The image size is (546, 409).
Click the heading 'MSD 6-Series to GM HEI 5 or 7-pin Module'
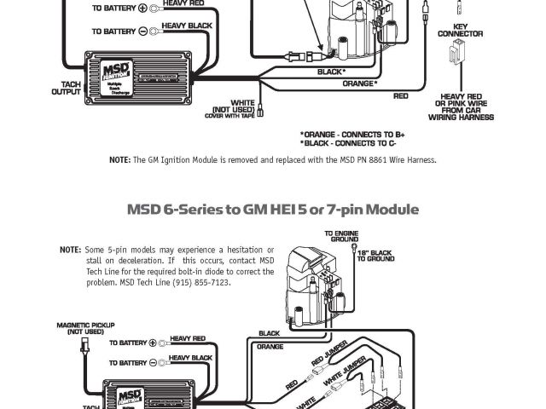click(272, 209)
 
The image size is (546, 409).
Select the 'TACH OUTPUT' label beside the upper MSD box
click(67, 89)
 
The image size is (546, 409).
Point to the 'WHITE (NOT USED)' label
click(231, 110)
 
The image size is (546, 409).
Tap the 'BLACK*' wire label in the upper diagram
click(333, 72)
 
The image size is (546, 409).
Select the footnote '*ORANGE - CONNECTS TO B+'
click(351, 135)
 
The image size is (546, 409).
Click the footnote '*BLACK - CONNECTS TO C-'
click(348, 144)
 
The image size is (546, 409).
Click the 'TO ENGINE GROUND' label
click(340, 236)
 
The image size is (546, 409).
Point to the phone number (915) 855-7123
click(201, 282)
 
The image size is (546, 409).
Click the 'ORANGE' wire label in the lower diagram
click(269, 347)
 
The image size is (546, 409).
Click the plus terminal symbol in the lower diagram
click(153, 343)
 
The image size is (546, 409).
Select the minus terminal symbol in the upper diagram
click(154, 31)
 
